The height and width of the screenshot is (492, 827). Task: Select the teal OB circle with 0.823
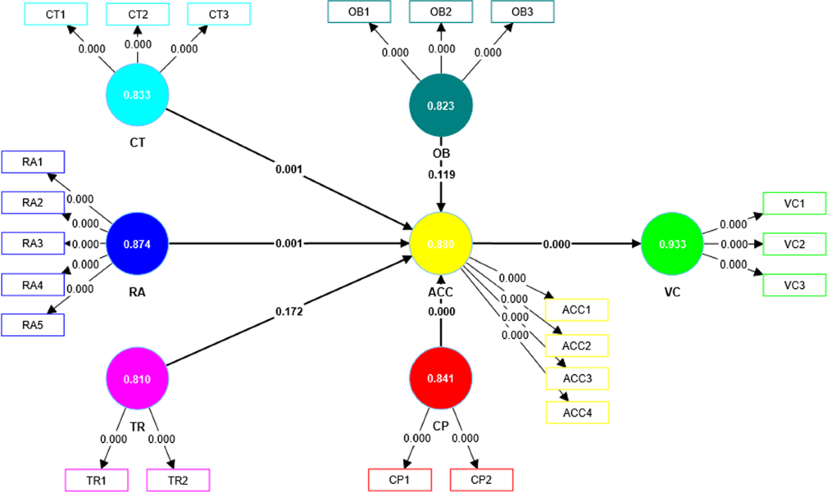tap(441, 105)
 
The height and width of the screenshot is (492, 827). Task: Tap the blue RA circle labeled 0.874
tap(138, 243)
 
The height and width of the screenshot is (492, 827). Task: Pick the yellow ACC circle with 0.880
tap(441, 243)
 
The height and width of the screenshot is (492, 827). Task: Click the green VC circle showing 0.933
tap(673, 243)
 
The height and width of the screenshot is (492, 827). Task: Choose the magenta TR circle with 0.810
tap(138, 378)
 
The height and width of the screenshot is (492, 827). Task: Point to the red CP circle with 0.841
tap(441, 377)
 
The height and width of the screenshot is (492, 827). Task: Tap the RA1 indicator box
tap(33, 162)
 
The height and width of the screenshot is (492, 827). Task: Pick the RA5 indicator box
tap(33, 325)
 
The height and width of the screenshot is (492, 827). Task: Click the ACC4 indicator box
tap(578, 413)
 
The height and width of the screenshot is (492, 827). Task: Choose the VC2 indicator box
tap(795, 244)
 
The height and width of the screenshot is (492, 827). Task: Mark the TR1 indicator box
tap(96, 479)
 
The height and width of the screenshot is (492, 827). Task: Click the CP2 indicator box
tap(482, 479)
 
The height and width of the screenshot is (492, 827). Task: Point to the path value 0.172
tap(289, 311)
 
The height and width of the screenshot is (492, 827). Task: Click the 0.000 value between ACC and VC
tap(557, 244)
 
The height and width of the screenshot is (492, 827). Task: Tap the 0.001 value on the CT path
tap(289, 169)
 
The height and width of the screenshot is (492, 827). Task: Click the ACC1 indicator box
tap(578, 309)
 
